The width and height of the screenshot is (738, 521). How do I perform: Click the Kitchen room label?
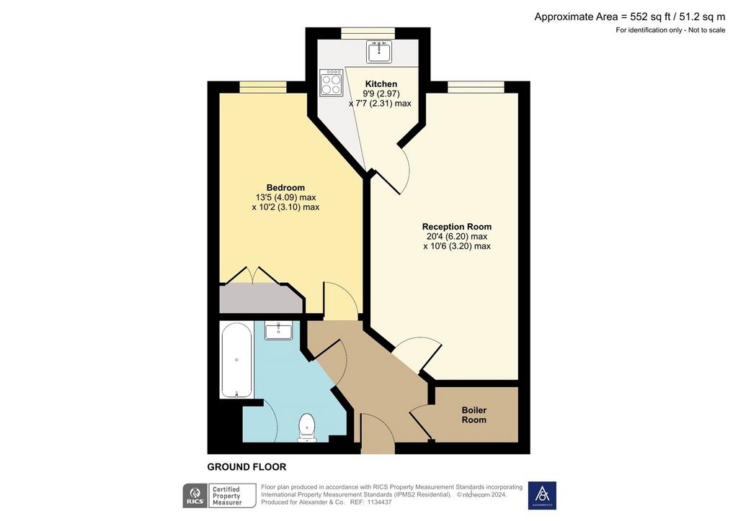(381, 84)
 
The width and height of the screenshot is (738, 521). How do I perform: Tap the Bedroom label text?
(285, 187)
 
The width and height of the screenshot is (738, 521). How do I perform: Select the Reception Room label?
(456, 227)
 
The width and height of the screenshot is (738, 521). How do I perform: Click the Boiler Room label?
(474, 414)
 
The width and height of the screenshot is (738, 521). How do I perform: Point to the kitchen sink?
(379, 51)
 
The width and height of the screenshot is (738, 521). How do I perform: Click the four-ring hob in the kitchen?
(331, 83)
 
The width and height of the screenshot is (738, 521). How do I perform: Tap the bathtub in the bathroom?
(236, 360)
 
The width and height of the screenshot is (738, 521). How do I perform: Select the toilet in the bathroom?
(307, 428)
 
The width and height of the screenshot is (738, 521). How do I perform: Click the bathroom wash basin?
(279, 330)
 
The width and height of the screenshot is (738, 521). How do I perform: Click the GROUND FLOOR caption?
(246, 467)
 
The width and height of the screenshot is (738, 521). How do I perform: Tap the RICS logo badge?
(195, 496)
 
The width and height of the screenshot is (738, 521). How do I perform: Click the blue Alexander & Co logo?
(542, 496)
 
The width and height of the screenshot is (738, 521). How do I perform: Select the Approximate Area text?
(630, 17)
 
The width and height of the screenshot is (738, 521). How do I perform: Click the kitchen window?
(368, 33)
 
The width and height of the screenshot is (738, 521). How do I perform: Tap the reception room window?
(476, 87)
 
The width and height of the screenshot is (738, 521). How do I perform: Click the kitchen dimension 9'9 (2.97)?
(381, 94)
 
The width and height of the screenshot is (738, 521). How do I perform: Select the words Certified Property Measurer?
(227, 496)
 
